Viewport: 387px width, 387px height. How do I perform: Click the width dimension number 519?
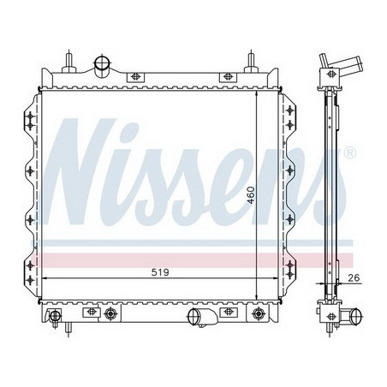(160, 272)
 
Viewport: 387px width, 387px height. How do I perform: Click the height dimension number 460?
(251, 195)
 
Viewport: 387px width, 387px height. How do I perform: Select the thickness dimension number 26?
(354, 277)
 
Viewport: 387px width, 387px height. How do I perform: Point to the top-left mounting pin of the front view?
(69, 61)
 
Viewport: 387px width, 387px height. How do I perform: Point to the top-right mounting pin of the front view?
(251, 61)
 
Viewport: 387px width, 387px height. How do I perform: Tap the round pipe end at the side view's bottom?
(357, 316)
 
